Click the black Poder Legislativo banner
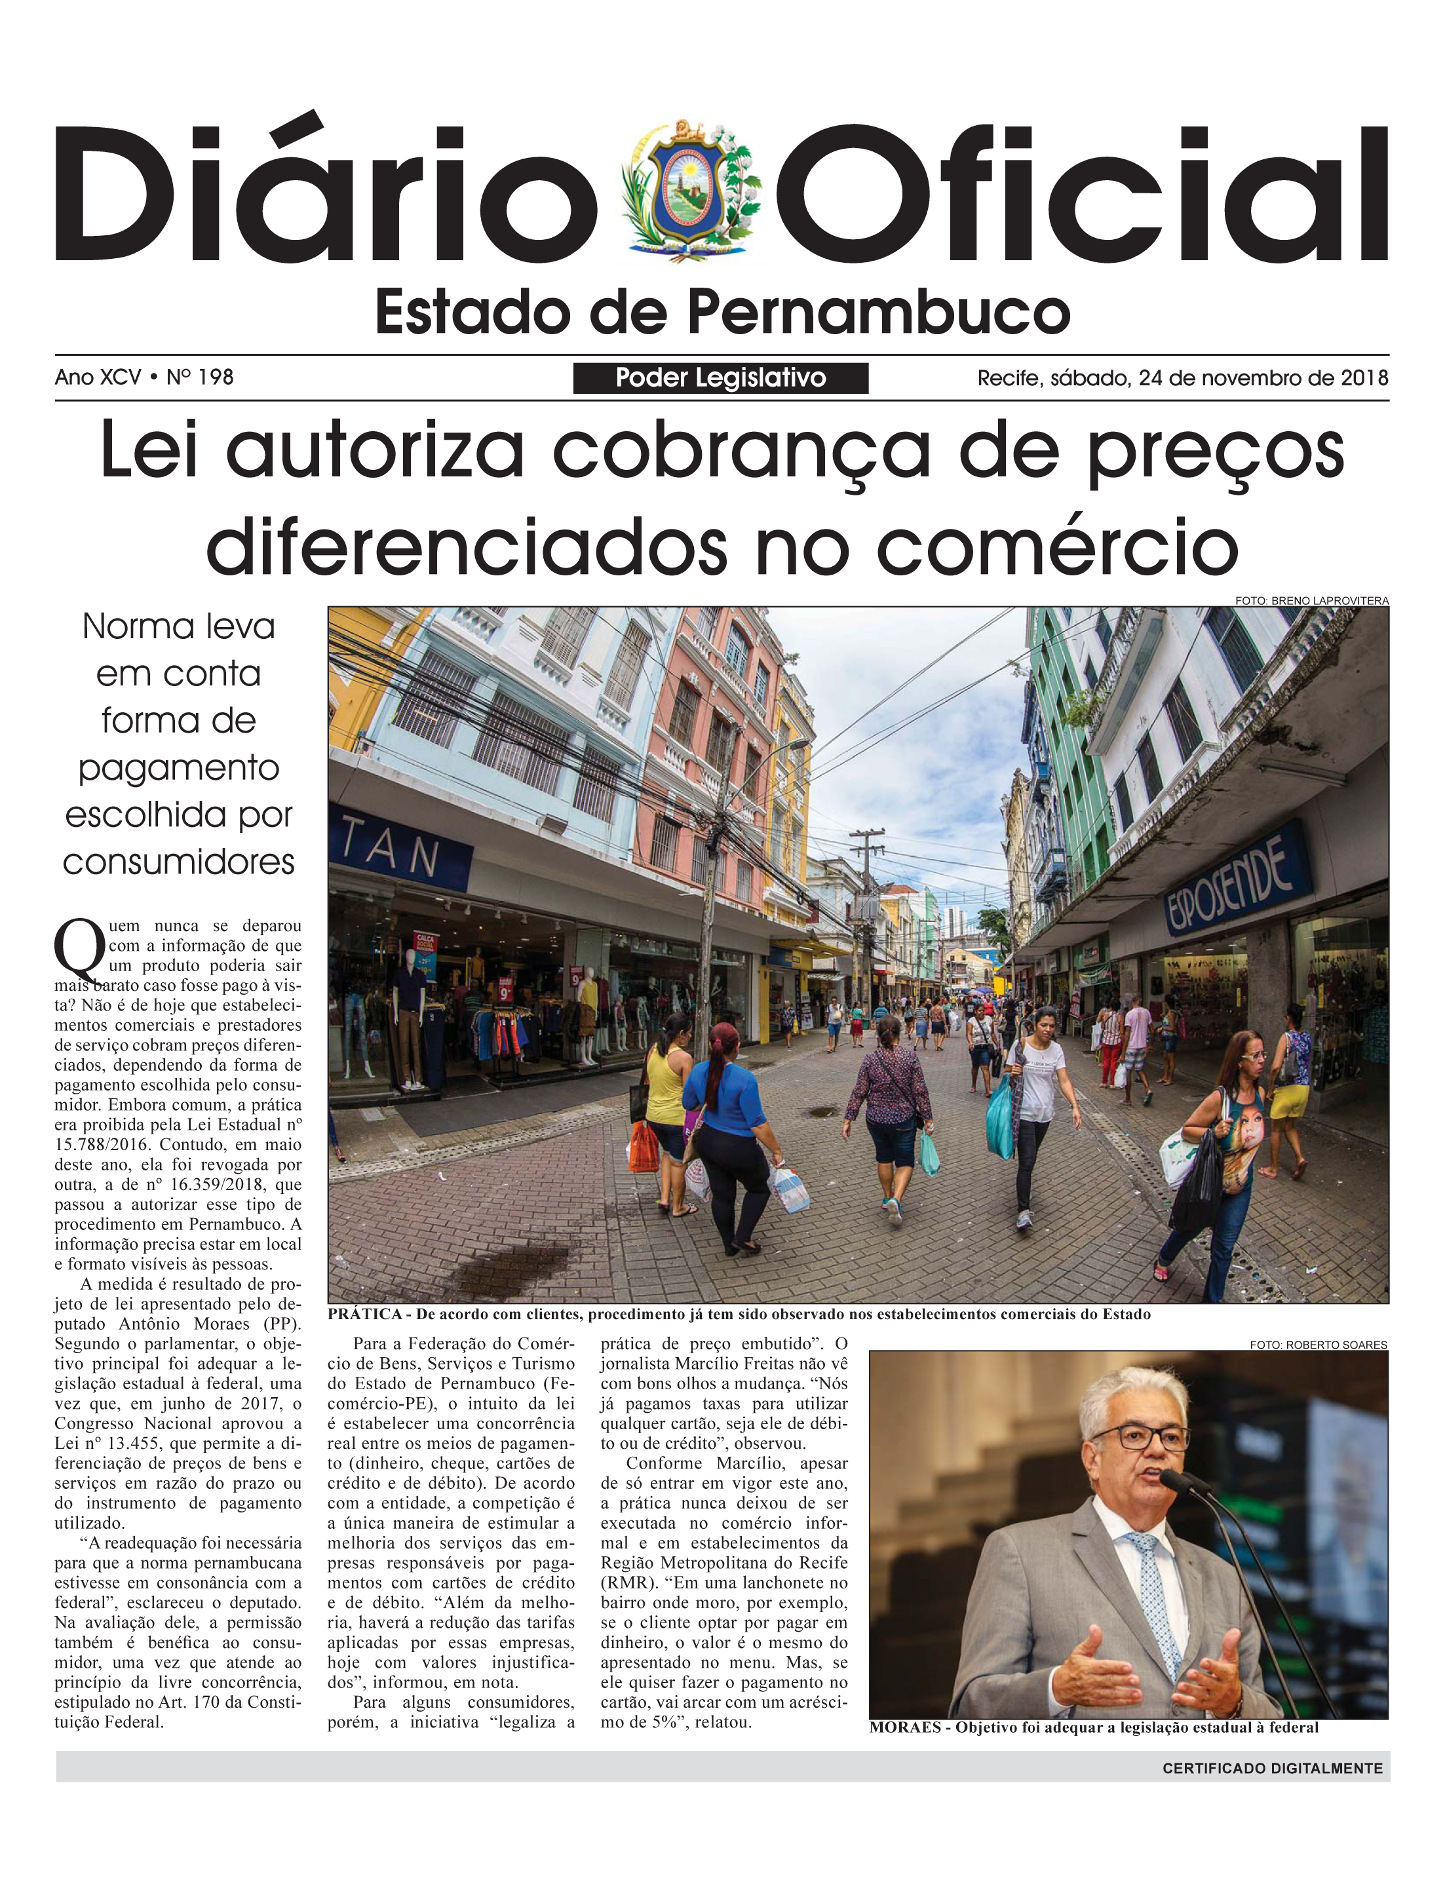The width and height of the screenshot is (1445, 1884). click(720, 377)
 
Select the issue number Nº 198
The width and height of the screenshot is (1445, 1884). click(199, 377)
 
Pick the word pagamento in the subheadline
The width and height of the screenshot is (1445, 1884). click(179, 767)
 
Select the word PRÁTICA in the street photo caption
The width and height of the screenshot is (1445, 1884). click(364, 1314)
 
